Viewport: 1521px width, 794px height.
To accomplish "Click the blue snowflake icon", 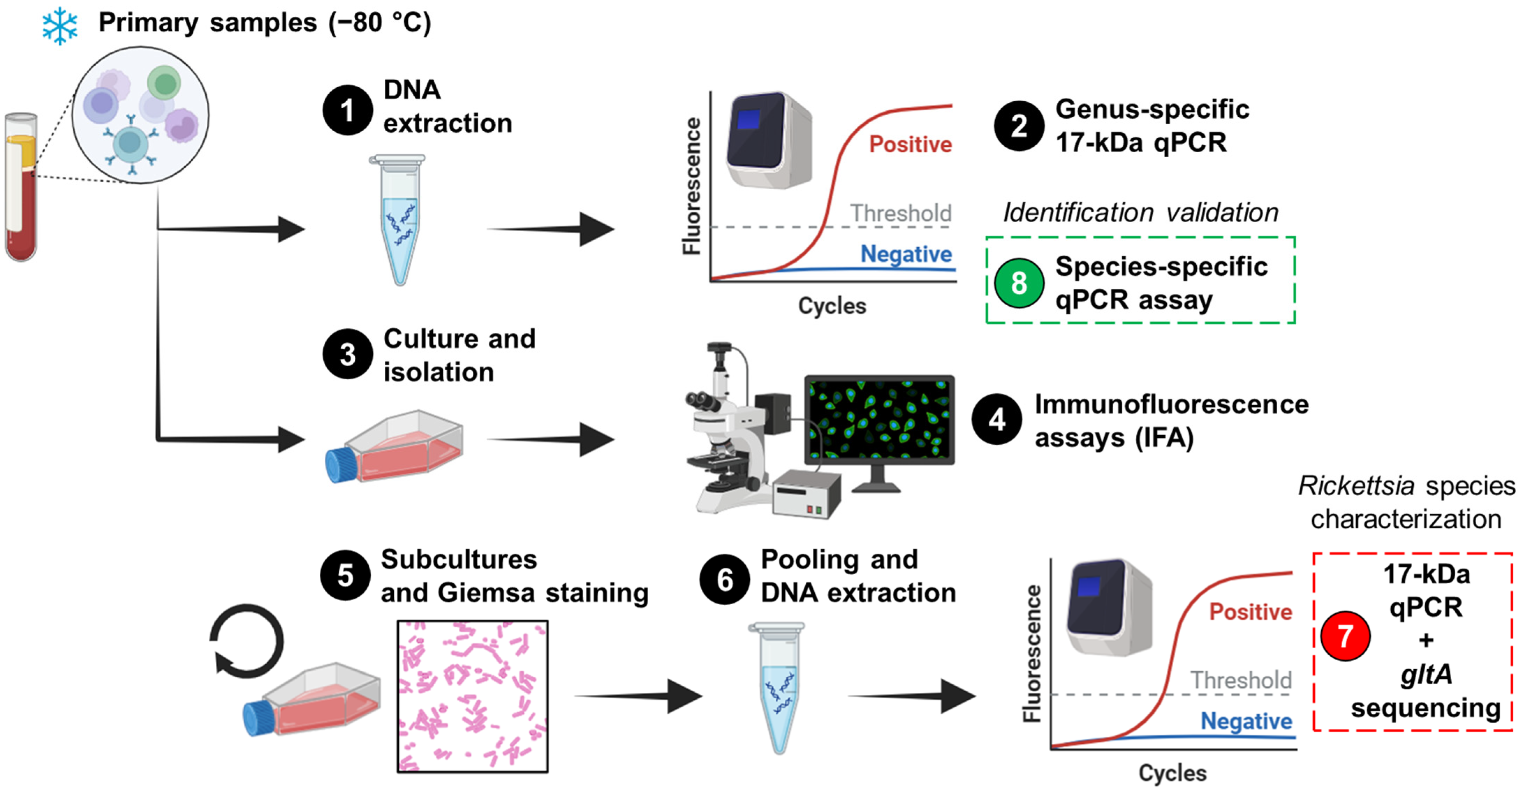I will [59, 26].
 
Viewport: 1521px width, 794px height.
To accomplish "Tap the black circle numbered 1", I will [347, 110].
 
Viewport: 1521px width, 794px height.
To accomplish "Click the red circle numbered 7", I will [1345, 636].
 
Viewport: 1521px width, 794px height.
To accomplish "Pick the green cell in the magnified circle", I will [164, 83].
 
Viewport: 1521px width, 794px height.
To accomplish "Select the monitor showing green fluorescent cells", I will [879, 421].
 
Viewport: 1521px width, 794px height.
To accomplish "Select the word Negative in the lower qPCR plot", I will [1246, 721].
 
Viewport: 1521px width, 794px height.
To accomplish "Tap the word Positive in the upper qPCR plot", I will [910, 144].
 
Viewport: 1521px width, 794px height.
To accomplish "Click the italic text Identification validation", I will [1140, 212].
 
